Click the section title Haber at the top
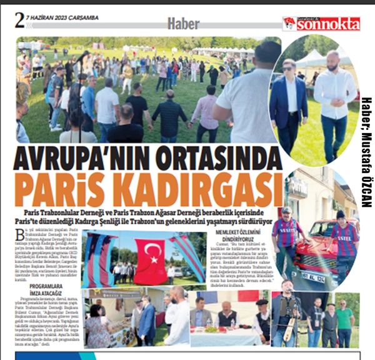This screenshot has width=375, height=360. [x=182, y=24]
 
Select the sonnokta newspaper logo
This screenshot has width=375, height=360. [x=321, y=24]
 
